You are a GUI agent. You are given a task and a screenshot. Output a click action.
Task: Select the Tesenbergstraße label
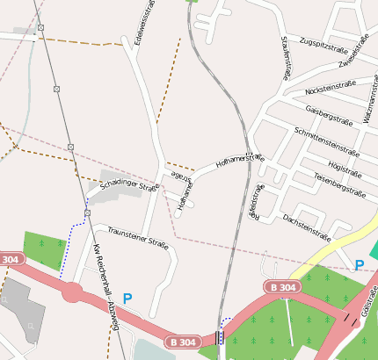point(338,184)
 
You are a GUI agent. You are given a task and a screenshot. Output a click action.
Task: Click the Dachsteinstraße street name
point(306,227)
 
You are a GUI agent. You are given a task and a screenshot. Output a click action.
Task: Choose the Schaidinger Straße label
point(128,186)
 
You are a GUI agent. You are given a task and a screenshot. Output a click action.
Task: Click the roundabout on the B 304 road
point(72,292)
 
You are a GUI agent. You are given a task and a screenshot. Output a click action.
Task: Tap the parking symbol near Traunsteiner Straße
point(127,299)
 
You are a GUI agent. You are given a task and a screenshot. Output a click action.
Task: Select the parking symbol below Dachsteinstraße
point(359,264)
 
